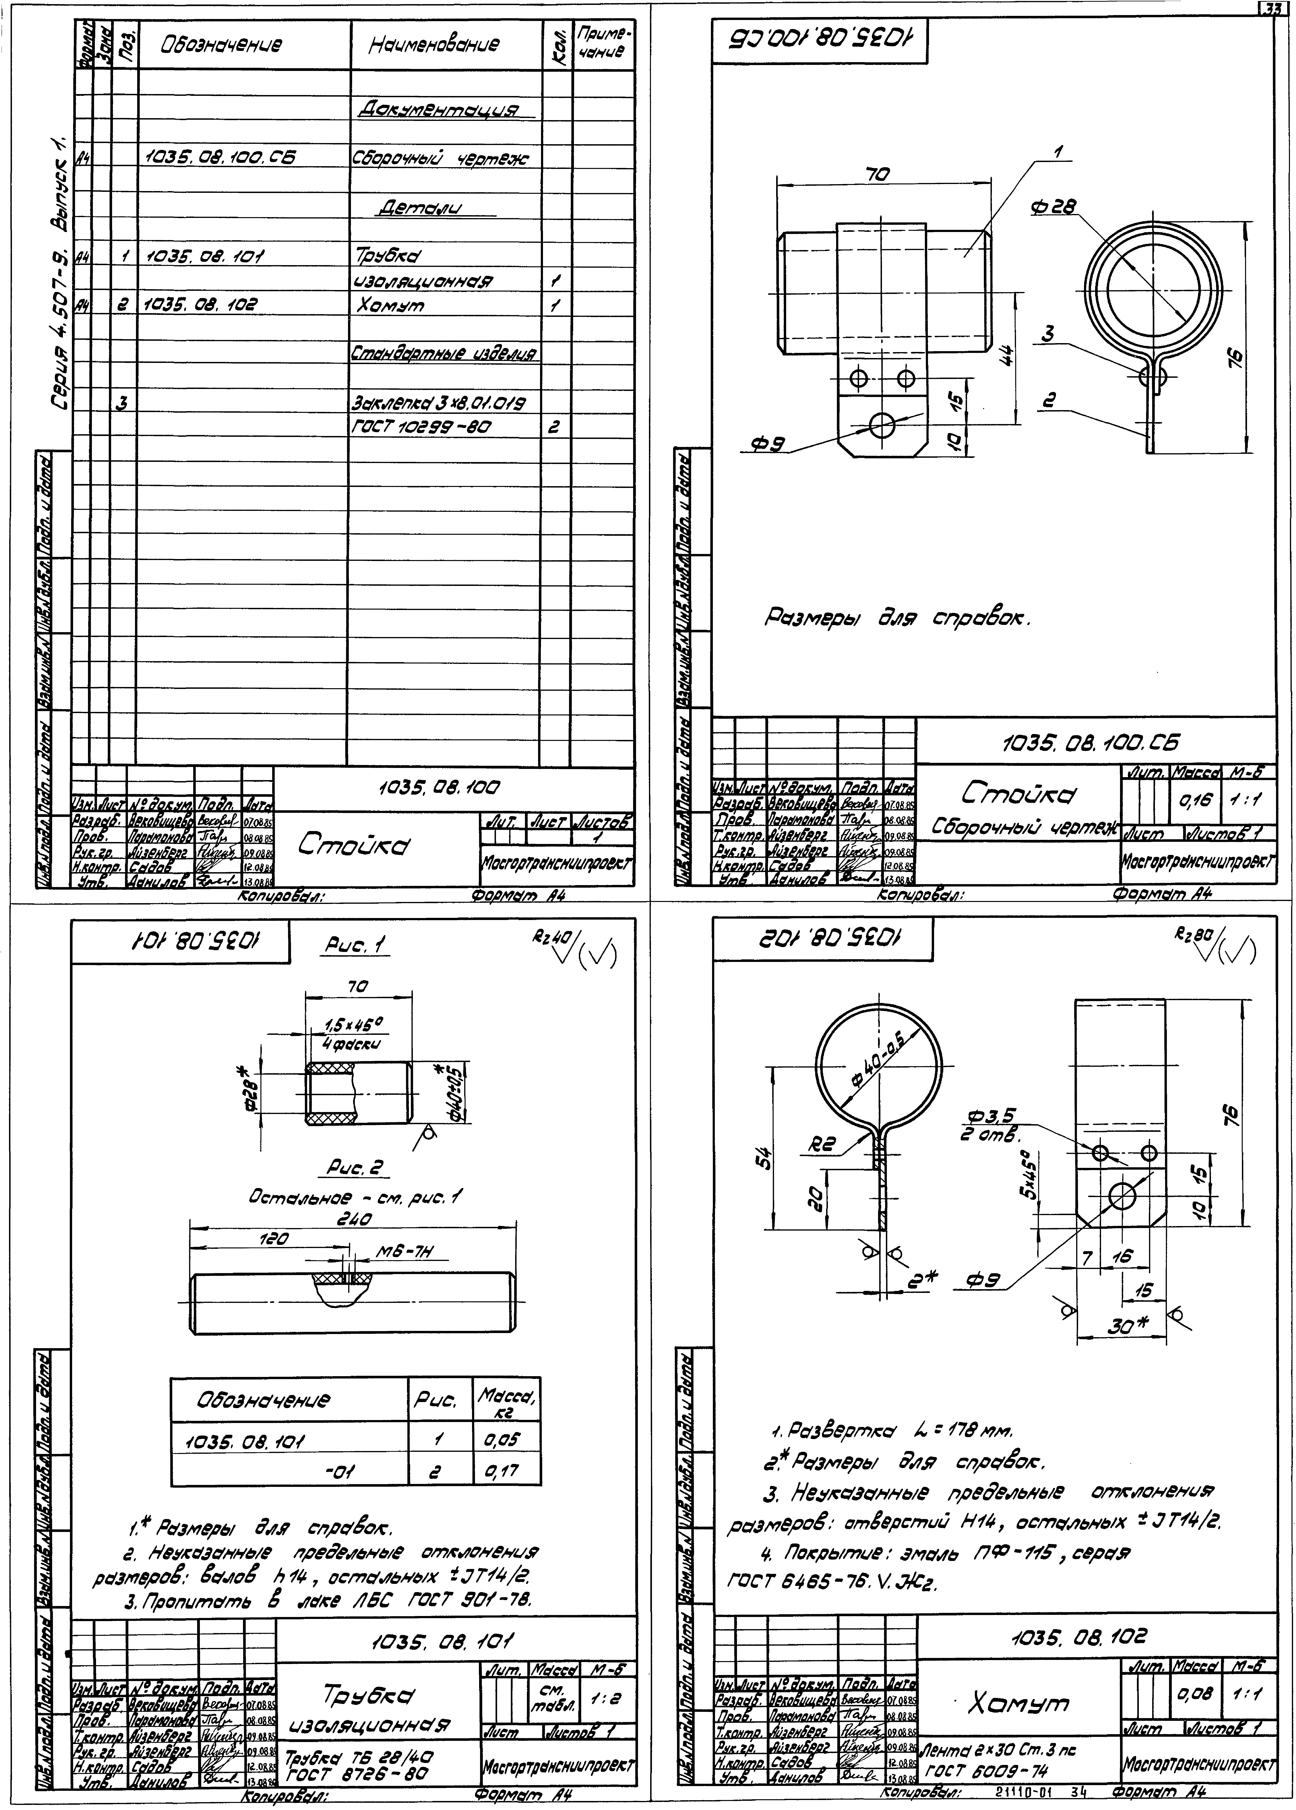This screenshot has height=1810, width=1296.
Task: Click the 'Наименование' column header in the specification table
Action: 434,45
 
